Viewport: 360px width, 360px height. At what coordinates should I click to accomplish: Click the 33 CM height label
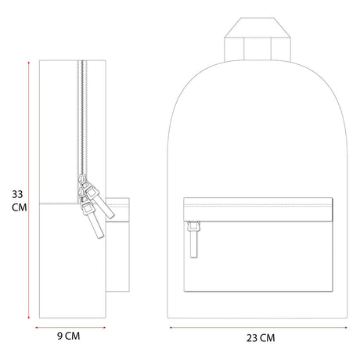click(x=19, y=201)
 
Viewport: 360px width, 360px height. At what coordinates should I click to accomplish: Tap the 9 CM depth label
click(x=69, y=336)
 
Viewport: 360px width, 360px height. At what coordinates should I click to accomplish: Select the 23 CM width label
click(x=261, y=338)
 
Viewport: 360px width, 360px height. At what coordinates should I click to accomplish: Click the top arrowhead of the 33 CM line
click(x=29, y=63)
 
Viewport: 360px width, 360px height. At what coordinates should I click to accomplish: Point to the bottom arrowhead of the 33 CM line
click(x=29, y=317)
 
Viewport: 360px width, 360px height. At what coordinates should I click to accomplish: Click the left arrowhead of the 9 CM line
click(x=37, y=328)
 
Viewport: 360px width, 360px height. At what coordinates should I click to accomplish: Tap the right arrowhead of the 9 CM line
click(x=104, y=328)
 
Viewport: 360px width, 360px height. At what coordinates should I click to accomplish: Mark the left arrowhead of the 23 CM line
click(x=171, y=327)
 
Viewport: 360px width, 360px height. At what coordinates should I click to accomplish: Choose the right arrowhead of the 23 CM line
click(x=346, y=327)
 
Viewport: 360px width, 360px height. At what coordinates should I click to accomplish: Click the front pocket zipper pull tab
click(x=193, y=239)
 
